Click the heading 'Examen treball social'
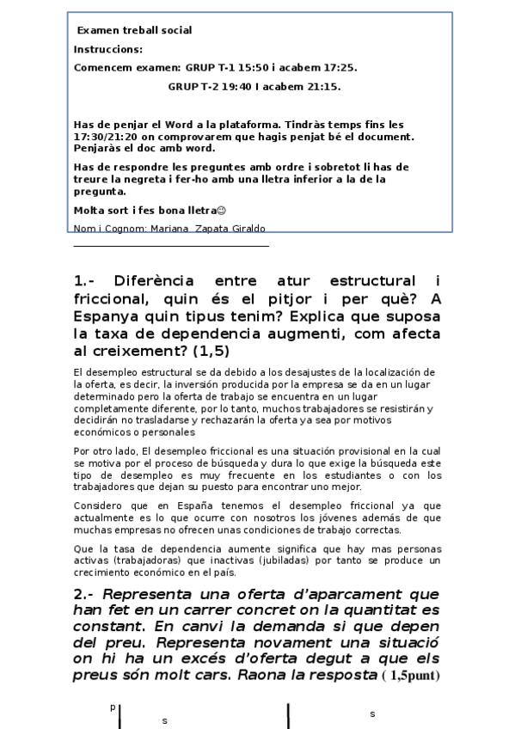pyautogui.click(x=134, y=31)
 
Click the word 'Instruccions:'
pyautogui.click(x=108, y=50)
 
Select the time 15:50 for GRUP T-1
pyautogui.click(x=240, y=68)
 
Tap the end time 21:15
pyautogui.click(x=324, y=87)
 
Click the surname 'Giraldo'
pyautogui.click(x=247, y=229)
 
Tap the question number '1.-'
pyautogui.click(x=89, y=282)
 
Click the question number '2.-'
pyautogui.click(x=89, y=595)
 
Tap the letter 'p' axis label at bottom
pyautogui.click(x=112, y=707)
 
